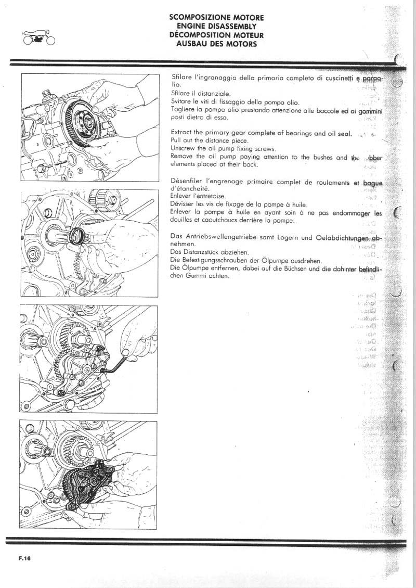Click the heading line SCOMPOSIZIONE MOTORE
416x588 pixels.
coord(216,17)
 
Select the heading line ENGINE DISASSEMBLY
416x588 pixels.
coord(216,26)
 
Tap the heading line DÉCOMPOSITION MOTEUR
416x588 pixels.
coord(216,35)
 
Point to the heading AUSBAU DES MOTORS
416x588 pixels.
coord(216,44)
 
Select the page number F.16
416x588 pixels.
coord(24,558)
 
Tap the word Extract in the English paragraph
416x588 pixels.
coord(182,134)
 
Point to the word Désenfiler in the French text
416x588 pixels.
coord(188,182)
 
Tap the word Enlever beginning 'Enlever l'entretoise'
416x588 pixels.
coord(182,197)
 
